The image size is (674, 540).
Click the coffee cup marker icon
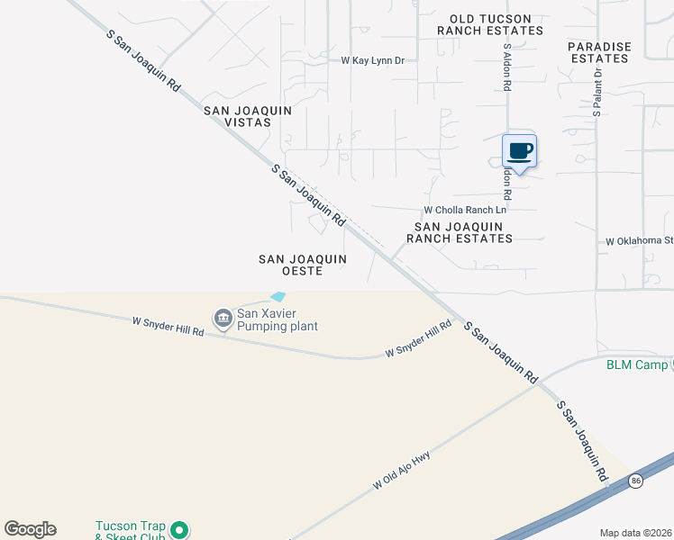pos(520,150)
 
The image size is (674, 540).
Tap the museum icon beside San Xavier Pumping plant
pos(223,318)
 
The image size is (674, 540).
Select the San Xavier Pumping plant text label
pos(277,319)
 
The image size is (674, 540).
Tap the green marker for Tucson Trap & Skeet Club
pos(179,531)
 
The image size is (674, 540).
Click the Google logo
pos(30,529)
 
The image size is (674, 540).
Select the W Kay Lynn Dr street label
pos(372,61)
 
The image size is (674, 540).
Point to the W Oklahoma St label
pos(639,241)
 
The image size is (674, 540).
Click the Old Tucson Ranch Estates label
pos(490,24)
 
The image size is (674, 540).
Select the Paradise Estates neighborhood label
pos(598,52)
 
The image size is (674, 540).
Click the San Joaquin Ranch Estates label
pos(460,233)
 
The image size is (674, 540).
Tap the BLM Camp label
pos(637,364)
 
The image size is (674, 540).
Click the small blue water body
pos(278,296)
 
